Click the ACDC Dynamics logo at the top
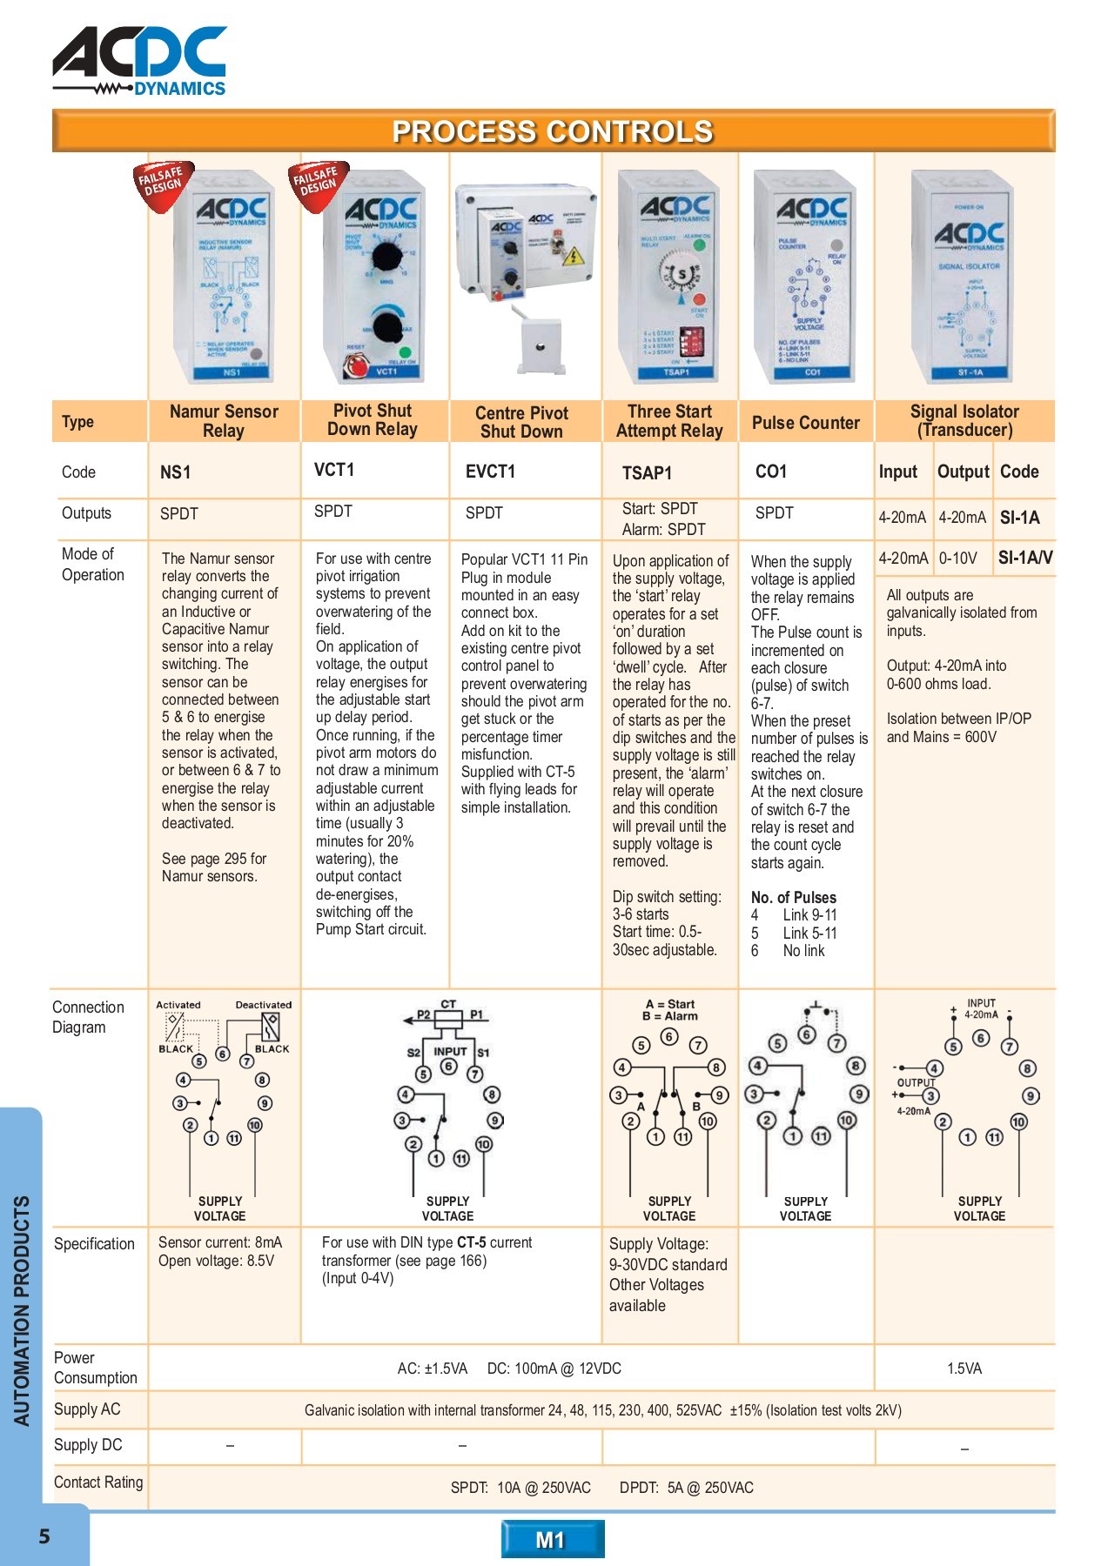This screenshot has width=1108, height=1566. [x=139, y=61]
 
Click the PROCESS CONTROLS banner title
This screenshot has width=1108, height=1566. [x=553, y=131]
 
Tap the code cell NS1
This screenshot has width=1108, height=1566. [x=175, y=472]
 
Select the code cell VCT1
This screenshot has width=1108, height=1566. [x=334, y=470]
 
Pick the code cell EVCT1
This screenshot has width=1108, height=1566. [x=490, y=472]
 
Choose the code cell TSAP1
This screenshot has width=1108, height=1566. [x=647, y=473]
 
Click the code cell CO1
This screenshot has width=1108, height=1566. [x=771, y=472]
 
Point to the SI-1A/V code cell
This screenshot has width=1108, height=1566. [x=1024, y=558]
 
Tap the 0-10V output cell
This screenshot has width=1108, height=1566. [x=957, y=558]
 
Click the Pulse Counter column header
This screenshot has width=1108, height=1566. [x=805, y=423]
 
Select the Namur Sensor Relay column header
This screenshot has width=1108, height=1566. [x=224, y=421]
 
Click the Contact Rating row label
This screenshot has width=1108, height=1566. [x=98, y=1482]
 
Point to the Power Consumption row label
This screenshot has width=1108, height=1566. [x=95, y=1368]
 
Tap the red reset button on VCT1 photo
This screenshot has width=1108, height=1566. [x=355, y=368]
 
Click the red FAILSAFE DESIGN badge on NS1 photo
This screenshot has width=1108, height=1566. [x=162, y=182]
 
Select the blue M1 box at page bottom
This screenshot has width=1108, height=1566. [x=552, y=1540]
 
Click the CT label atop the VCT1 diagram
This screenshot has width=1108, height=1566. [x=448, y=1004]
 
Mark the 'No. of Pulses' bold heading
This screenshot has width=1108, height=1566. [x=793, y=897]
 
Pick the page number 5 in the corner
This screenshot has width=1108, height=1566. [x=44, y=1536]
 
